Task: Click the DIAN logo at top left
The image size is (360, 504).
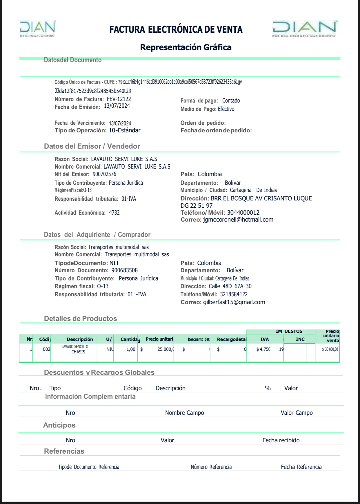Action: (x=38, y=28)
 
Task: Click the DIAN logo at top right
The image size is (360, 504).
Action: (x=305, y=28)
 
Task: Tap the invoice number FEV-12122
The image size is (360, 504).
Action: (x=119, y=99)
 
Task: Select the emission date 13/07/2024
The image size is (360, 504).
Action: (x=117, y=106)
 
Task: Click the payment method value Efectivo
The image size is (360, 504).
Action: (x=226, y=109)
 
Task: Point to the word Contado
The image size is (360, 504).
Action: (x=231, y=101)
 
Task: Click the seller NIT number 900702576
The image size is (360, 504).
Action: (x=104, y=174)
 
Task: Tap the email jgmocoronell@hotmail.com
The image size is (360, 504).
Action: (x=238, y=220)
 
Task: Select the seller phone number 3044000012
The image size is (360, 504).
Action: (x=243, y=213)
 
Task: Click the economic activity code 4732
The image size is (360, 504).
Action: (x=114, y=213)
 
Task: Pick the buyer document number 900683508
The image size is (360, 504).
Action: (x=125, y=270)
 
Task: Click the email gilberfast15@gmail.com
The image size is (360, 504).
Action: (x=234, y=302)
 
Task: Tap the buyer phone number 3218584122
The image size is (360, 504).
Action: (x=234, y=294)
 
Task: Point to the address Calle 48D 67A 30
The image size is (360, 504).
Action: (x=230, y=286)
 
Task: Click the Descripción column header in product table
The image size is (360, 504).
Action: (x=80, y=339)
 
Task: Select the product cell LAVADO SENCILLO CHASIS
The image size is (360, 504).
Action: (x=75, y=349)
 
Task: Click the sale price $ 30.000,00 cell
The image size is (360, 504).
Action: (x=330, y=349)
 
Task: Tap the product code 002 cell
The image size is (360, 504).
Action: (x=46, y=349)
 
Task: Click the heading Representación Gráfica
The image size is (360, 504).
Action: (x=186, y=47)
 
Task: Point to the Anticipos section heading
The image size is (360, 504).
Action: (x=59, y=425)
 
